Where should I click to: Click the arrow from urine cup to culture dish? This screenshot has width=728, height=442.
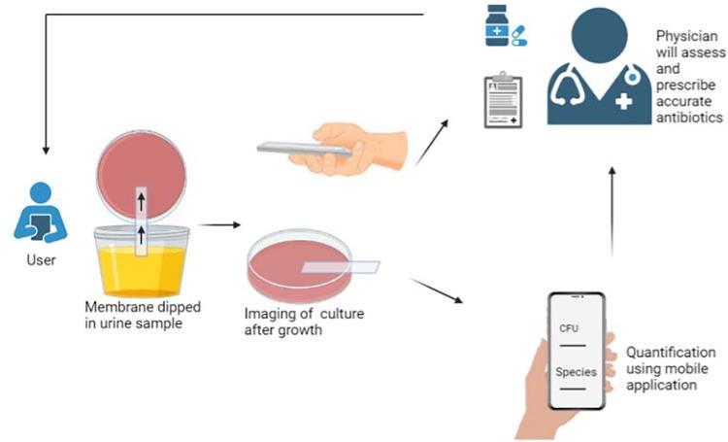[x=224, y=224]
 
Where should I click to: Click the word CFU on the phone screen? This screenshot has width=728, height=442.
[x=569, y=329]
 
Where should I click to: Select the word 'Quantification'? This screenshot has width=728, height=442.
[x=671, y=352]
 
